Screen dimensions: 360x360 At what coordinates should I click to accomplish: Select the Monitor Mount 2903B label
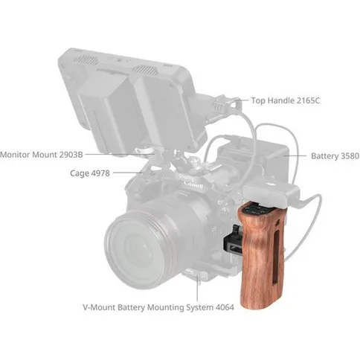point(41,155)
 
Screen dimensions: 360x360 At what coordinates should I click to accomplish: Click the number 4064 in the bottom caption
point(262,306)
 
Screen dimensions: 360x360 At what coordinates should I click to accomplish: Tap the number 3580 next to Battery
point(344,156)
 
